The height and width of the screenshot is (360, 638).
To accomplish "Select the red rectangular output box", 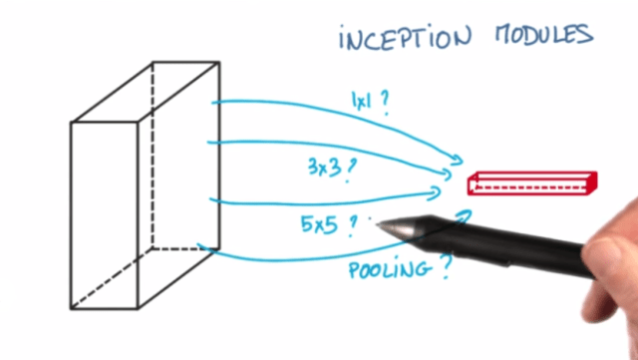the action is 532,181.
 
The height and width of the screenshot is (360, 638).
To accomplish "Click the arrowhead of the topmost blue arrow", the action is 460,159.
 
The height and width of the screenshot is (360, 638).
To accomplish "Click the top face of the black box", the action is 145,94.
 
